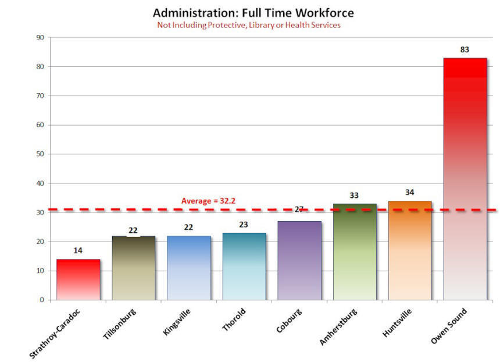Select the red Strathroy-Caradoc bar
[x=78, y=280]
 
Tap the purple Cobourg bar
[x=299, y=261]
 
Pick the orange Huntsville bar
[x=409, y=251]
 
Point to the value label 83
[x=465, y=49]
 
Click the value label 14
[x=78, y=250]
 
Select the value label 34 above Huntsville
[x=409, y=192]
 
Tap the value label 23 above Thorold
[x=244, y=224]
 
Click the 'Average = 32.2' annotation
[x=208, y=201]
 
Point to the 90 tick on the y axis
[x=40, y=38]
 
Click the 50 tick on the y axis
[x=40, y=154]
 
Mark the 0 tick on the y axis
[x=42, y=300]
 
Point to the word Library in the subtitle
[x=265, y=25]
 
